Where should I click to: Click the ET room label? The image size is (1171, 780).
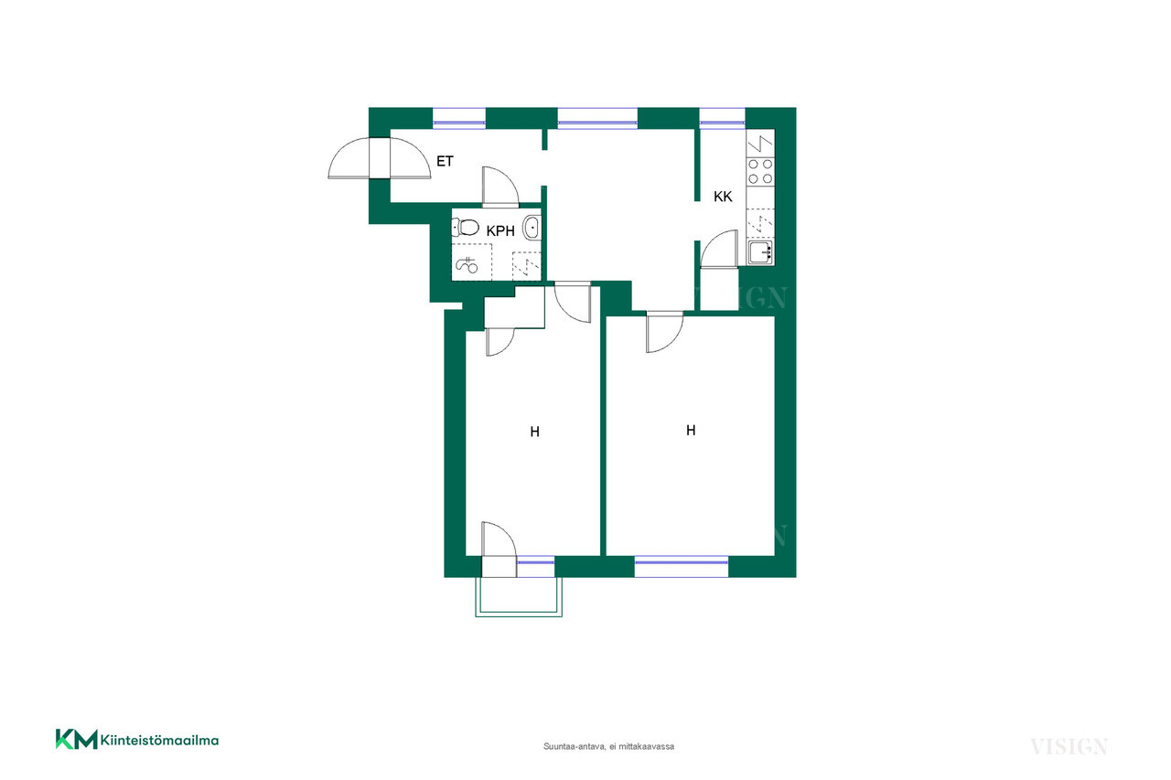click(445, 162)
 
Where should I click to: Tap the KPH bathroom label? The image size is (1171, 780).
click(500, 231)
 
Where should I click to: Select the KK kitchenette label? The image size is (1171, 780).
click(723, 197)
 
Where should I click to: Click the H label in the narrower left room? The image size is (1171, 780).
click(534, 432)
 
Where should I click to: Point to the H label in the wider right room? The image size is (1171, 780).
click(691, 430)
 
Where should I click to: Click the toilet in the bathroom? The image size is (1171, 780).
click(466, 228)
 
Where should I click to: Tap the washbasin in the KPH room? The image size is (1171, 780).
click(532, 228)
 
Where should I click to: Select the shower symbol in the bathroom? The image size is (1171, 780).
click(467, 265)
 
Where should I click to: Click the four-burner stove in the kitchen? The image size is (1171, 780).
click(760, 171)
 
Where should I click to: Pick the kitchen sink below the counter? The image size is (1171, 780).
click(760, 253)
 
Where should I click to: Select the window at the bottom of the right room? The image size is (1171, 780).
click(682, 566)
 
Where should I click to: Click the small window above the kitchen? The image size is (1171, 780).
click(722, 118)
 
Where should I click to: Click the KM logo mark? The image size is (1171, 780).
click(76, 739)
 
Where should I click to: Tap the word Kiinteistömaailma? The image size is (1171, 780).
click(159, 741)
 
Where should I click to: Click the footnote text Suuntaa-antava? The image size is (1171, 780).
click(575, 746)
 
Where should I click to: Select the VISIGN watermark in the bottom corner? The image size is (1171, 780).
click(1069, 746)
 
